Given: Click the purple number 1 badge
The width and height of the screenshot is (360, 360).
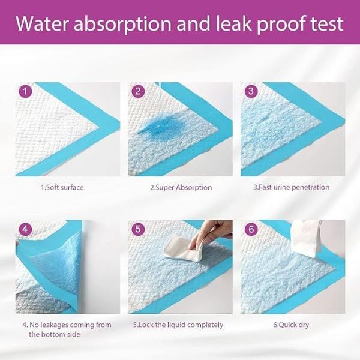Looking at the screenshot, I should click(x=24, y=92).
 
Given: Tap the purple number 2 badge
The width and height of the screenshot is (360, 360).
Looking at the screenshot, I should click(x=138, y=92).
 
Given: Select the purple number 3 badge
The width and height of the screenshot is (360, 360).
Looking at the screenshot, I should click(x=251, y=92).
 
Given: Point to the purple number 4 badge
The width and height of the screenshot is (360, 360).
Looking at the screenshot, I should click(x=24, y=229).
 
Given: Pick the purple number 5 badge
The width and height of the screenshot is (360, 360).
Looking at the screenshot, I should click(x=138, y=229).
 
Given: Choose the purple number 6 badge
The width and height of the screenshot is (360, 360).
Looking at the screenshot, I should click(x=251, y=229).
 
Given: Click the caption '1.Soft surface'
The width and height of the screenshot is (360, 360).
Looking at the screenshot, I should click(x=62, y=187).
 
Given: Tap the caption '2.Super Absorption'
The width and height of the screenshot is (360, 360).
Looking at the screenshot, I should click(x=181, y=187).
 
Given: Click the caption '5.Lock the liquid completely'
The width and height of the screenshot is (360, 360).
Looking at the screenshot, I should click(x=178, y=325).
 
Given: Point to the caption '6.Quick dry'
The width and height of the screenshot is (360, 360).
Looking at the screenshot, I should click(x=292, y=325).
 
